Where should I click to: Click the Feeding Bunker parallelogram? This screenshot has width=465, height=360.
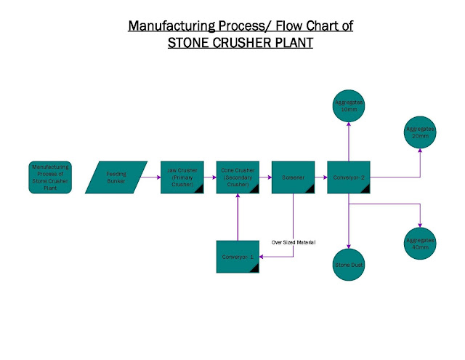click(x=116, y=177)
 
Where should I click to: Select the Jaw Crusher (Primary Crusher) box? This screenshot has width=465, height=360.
click(x=182, y=177)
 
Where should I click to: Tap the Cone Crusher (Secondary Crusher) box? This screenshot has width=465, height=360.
click(x=238, y=177)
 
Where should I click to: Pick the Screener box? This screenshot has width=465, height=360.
click(x=293, y=177)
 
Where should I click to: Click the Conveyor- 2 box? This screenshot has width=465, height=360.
click(x=349, y=177)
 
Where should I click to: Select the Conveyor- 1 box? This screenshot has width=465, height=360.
click(x=238, y=256)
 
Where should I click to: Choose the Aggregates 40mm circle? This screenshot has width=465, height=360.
click(x=420, y=242)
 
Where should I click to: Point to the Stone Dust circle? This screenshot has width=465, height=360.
click(x=349, y=264)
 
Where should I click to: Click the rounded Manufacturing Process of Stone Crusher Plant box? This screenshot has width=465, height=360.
click(x=50, y=177)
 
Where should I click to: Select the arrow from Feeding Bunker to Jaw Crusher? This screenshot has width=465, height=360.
click(x=153, y=177)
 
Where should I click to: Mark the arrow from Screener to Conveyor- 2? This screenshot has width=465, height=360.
click(x=320, y=177)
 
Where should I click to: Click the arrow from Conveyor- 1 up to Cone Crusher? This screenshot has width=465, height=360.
click(x=238, y=218)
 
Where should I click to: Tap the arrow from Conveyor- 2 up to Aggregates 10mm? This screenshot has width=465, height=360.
click(x=349, y=142)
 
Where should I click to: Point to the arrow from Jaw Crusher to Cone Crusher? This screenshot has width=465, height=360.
click(x=209, y=177)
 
